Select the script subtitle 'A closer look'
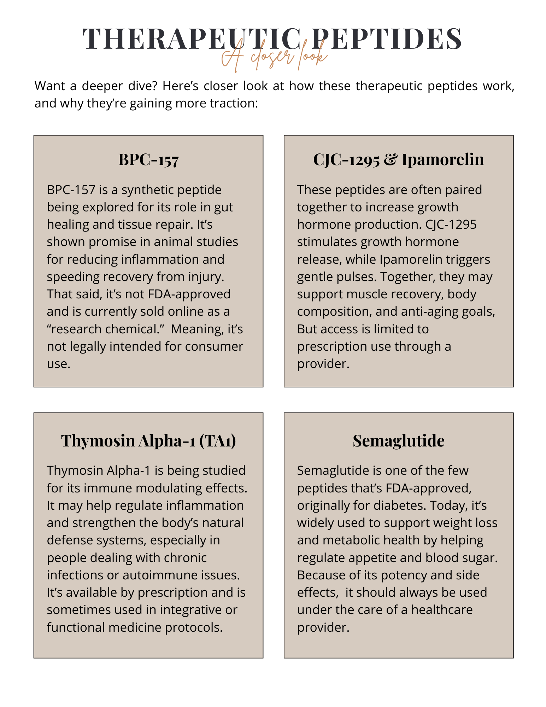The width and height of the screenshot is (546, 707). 274,57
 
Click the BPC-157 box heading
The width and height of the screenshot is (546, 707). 148,159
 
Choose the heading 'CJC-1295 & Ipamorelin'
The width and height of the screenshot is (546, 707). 398,159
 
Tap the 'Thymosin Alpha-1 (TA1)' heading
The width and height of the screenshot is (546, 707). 148,440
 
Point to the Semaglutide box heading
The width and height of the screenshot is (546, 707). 398,440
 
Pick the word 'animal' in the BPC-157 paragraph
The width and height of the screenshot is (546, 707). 168,242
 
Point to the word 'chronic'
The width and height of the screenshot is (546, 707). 187,558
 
